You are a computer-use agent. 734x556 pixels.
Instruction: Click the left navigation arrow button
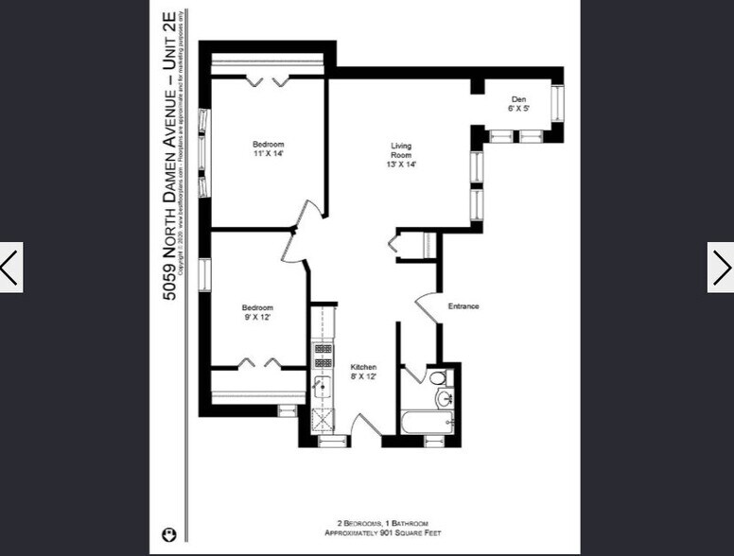point(10,268)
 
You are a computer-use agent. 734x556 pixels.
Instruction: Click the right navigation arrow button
point(721,268)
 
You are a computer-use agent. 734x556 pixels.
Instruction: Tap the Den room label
point(518,99)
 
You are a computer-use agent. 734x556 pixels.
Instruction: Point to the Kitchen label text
point(364,367)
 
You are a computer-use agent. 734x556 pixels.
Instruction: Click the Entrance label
point(463,306)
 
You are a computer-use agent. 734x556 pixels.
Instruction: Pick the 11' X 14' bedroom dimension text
point(269,153)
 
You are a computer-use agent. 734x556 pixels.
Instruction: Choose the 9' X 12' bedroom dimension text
point(257,318)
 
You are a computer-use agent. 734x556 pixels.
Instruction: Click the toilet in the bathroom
point(437,378)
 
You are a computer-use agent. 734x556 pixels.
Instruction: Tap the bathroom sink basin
point(443,398)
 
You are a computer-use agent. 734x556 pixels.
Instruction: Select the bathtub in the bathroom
point(427,422)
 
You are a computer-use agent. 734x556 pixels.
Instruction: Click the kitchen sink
point(323,386)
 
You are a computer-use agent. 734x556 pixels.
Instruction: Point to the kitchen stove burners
point(323,354)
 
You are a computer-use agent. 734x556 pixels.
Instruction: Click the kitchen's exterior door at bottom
point(363,427)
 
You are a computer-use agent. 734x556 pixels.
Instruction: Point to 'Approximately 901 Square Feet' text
point(383,533)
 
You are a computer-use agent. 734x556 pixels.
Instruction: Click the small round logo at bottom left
point(170,532)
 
